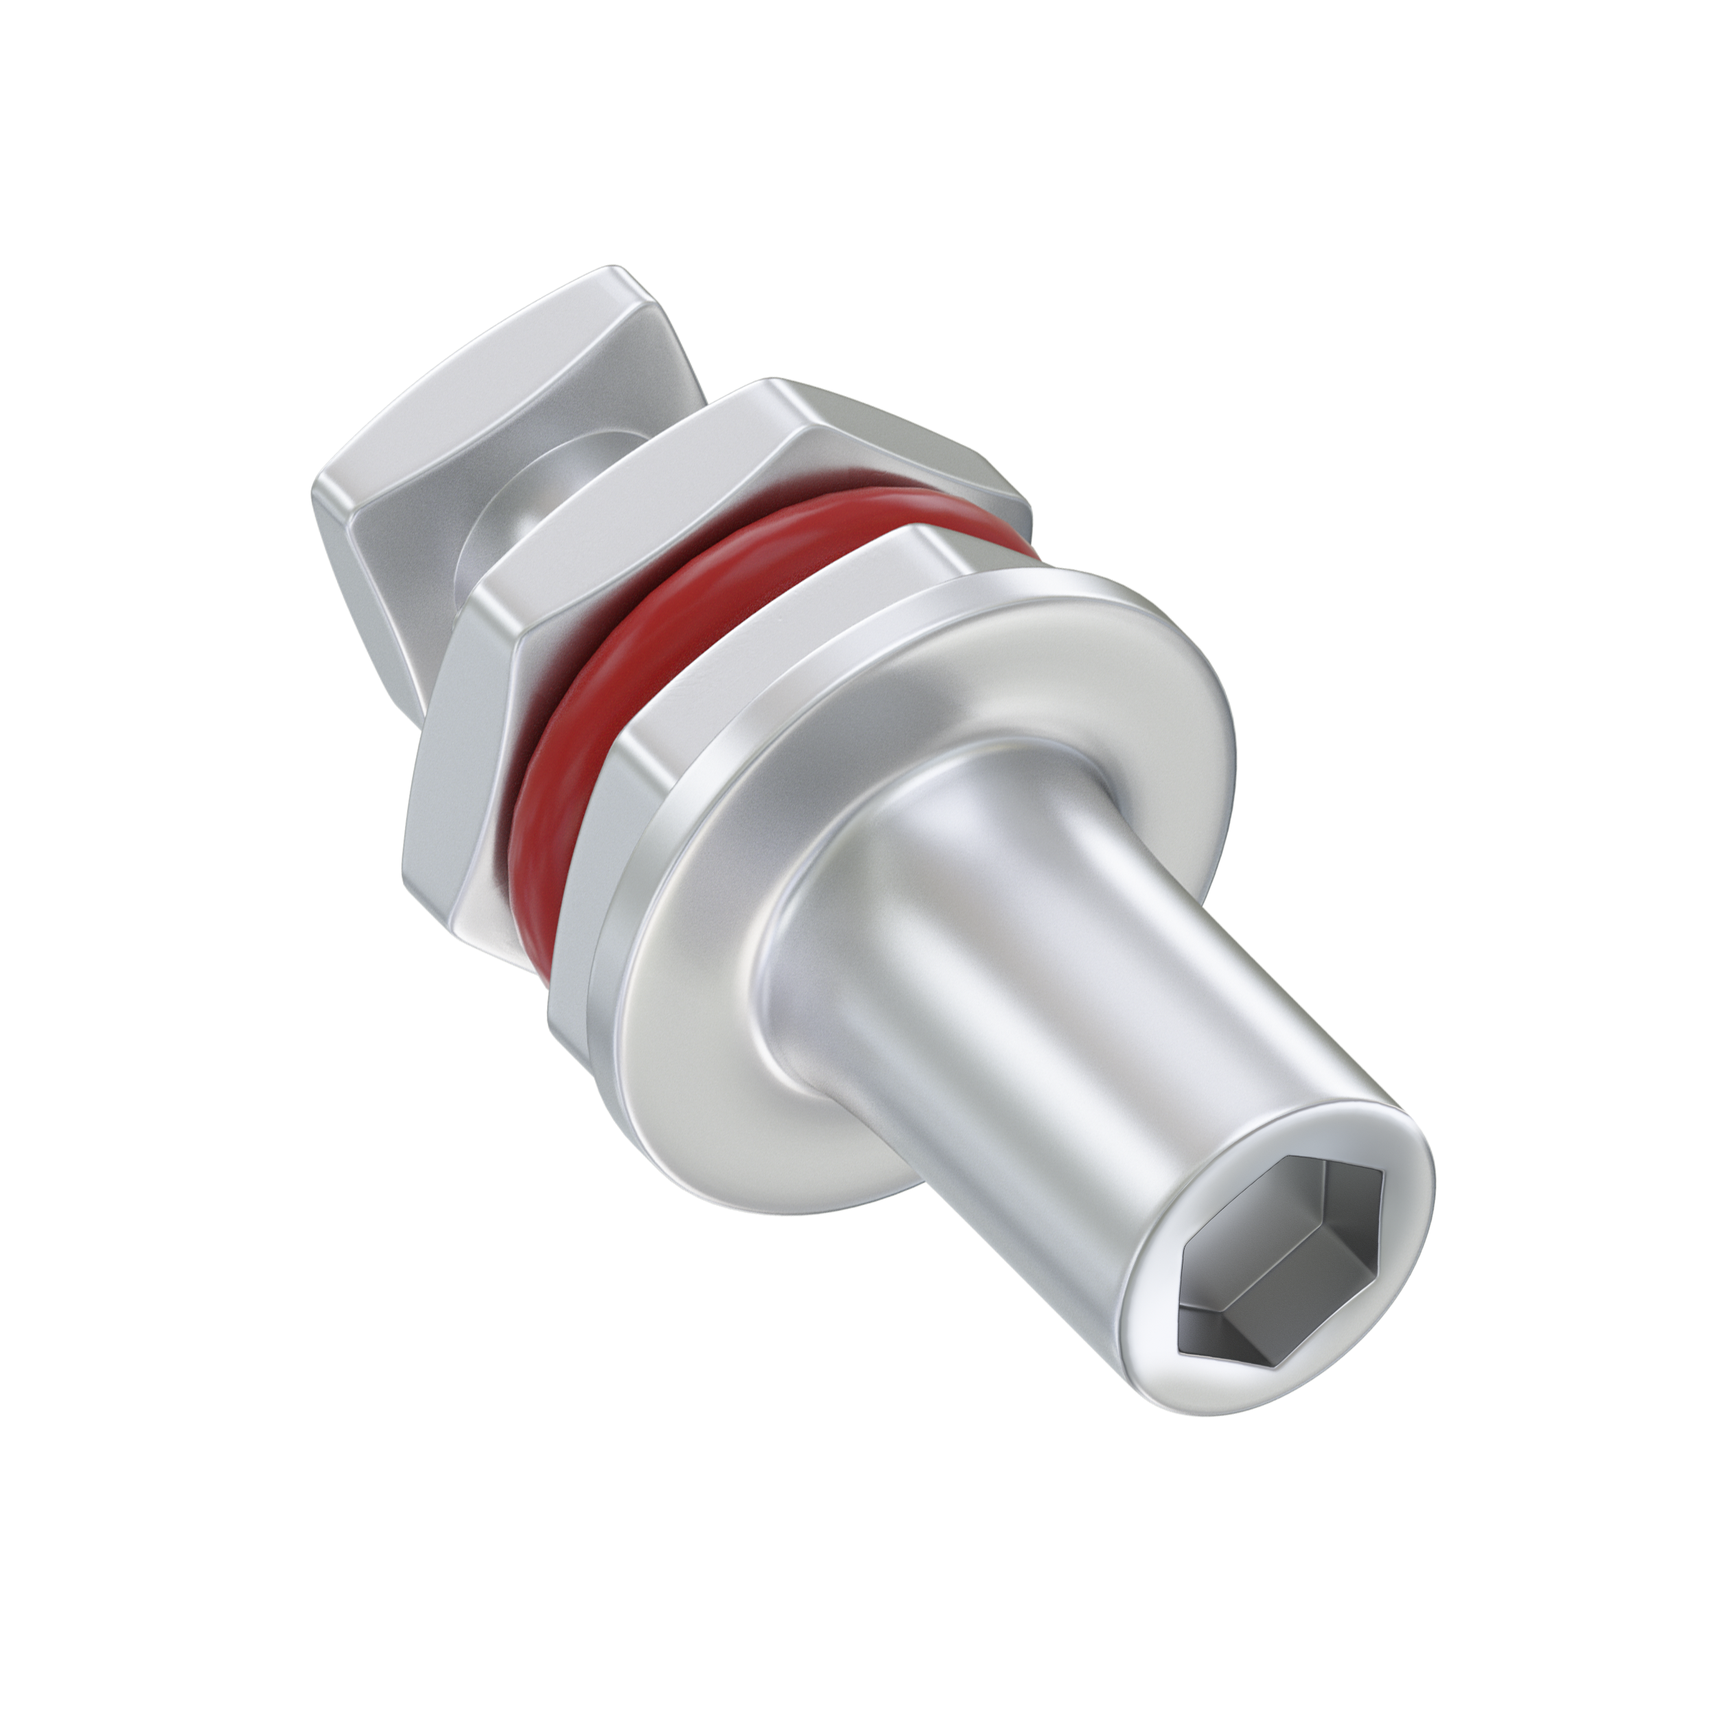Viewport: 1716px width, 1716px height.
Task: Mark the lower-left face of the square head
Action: coord(373,568)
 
